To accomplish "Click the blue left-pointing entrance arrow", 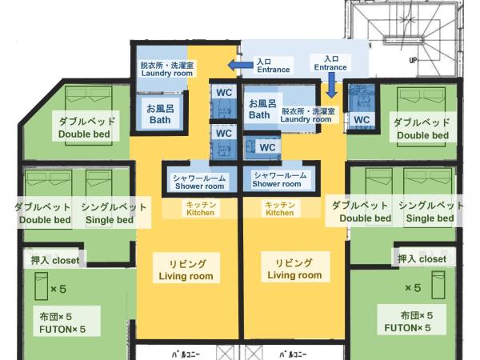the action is pos(240,65).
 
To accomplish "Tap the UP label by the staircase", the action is pos(414,60).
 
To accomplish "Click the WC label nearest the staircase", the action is pos(362,120).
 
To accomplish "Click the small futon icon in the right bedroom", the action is pos(438,285).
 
